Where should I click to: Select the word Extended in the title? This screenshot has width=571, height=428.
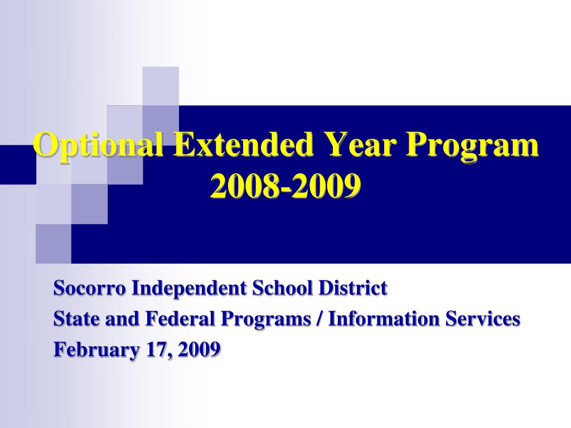click(243, 144)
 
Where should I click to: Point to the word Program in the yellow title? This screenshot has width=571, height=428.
click(473, 145)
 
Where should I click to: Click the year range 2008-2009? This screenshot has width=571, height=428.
click(285, 186)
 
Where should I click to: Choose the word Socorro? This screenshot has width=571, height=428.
click(90, 288)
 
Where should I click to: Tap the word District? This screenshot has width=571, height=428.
click(353, 288)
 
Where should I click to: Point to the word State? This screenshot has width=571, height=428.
click(77, 319)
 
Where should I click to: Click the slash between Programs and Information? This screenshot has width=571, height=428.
click(320, 319)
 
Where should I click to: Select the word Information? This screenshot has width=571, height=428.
click(384, 319)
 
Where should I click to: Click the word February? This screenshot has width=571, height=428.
click(96, 350)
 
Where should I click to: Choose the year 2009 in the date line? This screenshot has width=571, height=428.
click(200, 349)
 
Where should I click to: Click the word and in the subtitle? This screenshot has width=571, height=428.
click(123, 319)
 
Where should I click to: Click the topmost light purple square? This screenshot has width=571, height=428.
click(161, 86)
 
